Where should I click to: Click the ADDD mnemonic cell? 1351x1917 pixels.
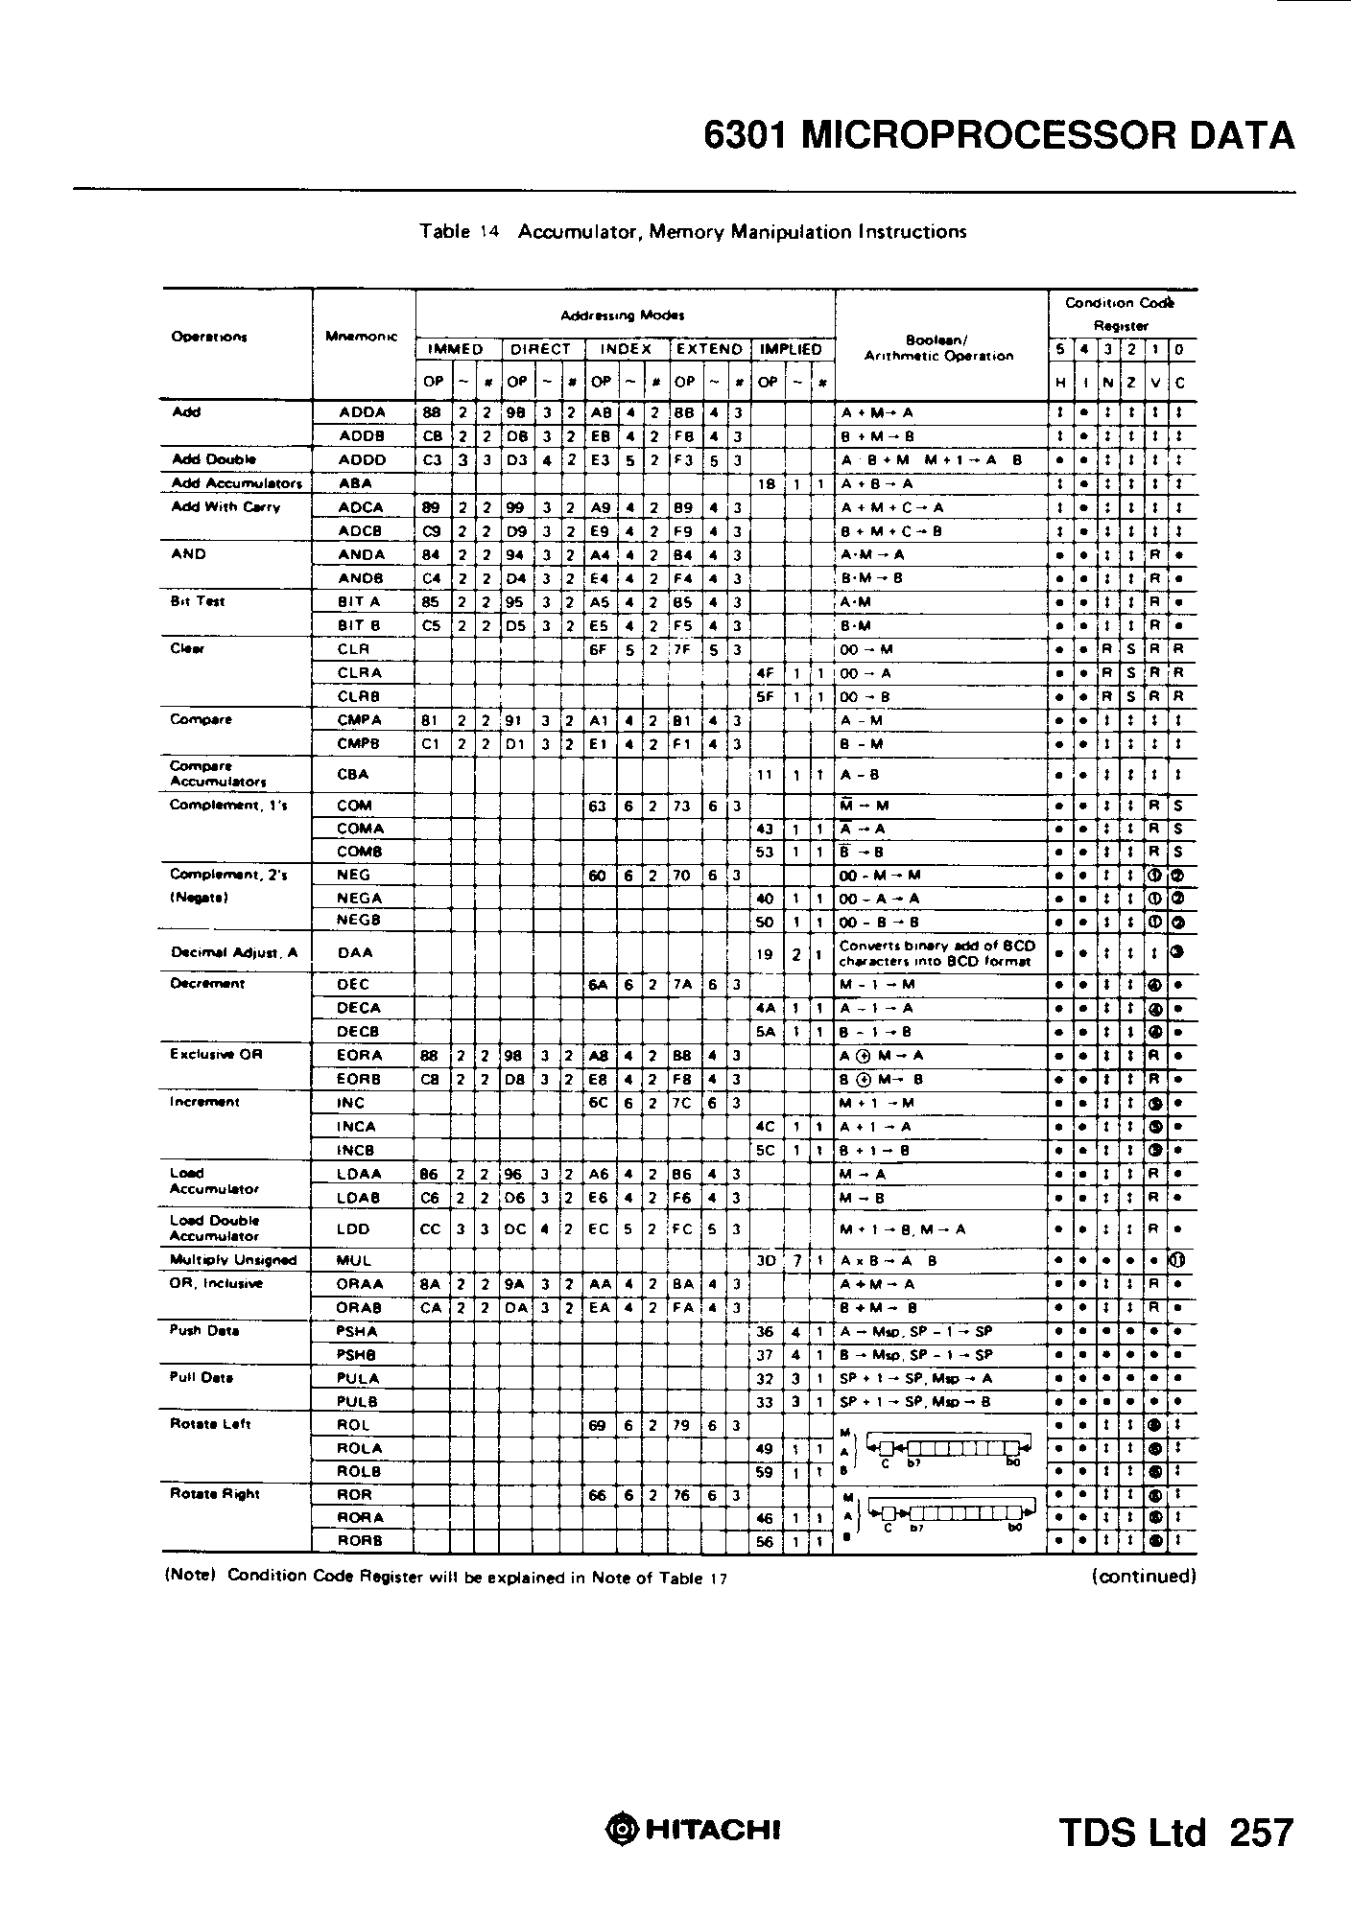coord(362,460)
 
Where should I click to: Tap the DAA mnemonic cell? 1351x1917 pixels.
coord(355,953)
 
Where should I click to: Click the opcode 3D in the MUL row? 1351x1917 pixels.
coord(766,1261)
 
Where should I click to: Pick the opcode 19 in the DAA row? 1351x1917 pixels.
coord(766,953)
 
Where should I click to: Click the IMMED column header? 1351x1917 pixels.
coord(455,350)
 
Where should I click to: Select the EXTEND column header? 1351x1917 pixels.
coord(709,350)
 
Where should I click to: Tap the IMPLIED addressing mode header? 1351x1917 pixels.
coord(791,350)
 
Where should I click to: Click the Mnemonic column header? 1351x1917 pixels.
coord(362,337)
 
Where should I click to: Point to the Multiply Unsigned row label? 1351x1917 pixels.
coord(233,1261)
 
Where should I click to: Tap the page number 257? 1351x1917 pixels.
coord(1261,1833)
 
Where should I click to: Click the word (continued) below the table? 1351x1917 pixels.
coord(1143,1576)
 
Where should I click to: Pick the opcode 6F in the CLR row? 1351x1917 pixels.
coord(598,649)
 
